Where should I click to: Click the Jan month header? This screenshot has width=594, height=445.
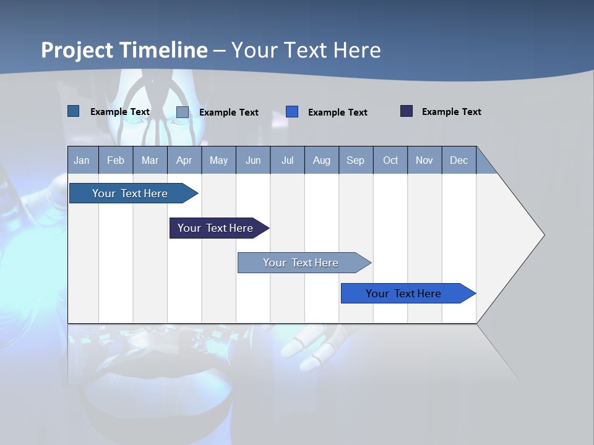(82, 160)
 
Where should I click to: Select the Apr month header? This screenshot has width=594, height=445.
(184, 160)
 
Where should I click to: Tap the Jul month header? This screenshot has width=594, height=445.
(287, 160)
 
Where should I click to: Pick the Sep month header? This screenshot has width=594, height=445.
(356, 160)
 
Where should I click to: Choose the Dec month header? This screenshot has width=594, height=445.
(458, 160)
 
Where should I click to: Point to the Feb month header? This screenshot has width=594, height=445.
(116, 160)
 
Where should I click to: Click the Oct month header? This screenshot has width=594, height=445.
(390, 160)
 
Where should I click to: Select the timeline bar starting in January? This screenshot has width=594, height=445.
(131, 193)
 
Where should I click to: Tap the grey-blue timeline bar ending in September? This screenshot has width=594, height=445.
(301, 263)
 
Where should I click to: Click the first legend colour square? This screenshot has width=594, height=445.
(74, 111)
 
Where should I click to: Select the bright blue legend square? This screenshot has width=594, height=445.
(292, 112)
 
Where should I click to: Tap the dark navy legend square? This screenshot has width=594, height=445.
(407, 111)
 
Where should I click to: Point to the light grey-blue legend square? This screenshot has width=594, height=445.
(183, 112)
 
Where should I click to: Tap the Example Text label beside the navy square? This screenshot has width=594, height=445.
(451, 112)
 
